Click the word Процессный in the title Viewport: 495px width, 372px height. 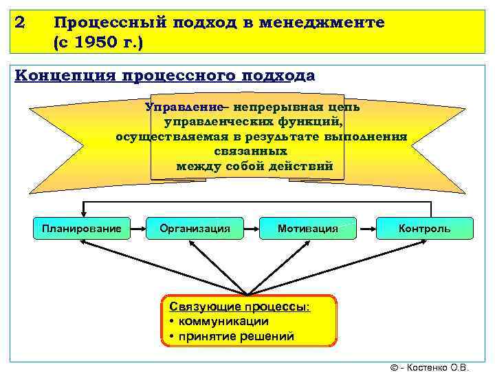coord(109,23)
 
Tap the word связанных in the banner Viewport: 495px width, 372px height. coord(250,150)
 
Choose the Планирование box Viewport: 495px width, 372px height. coord(82,228)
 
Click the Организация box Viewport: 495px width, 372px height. coord(195,228)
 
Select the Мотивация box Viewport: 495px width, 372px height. coord(307,228)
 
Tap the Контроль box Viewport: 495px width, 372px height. coord(425,228)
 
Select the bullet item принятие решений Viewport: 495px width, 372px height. coord(234,336)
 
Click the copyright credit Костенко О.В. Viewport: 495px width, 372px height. coord(437,366)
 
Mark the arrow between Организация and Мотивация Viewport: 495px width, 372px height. coord(251,228)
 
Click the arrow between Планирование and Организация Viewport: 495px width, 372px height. coord(138,228)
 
